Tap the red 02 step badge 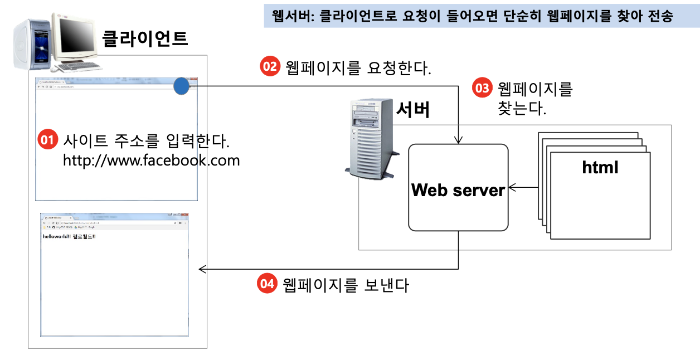(270, 67)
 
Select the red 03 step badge (482, 88)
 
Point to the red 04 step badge (267, 284)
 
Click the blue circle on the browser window (182, 86)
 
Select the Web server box (458, 188)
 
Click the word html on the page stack (600, 167)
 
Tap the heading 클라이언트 (145, 38)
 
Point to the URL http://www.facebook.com (151, 160)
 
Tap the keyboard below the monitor (78, 66)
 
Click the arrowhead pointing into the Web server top (458, 140)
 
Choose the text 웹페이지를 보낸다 (346, 285)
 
